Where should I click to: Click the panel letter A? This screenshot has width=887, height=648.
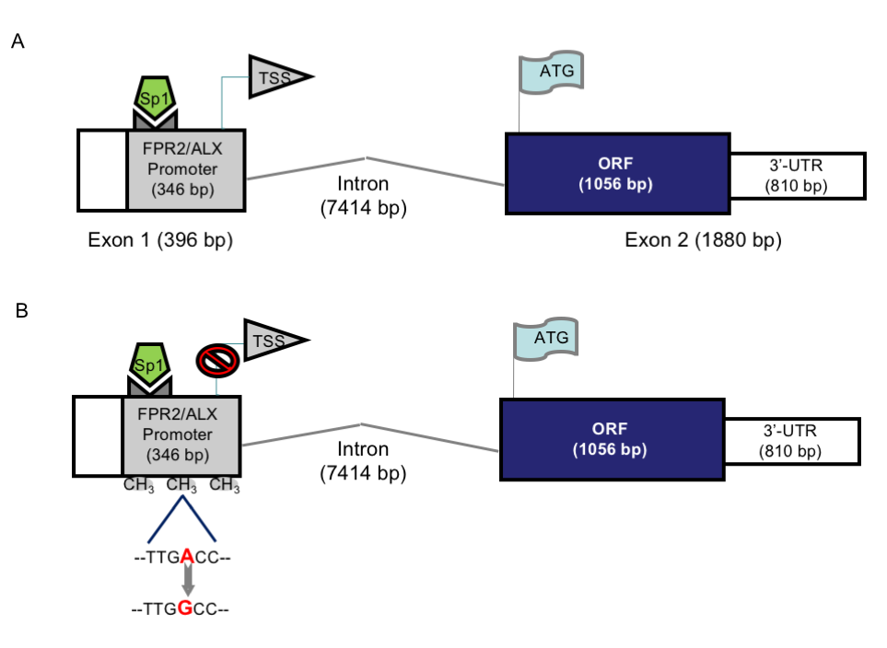(x=18, y=41)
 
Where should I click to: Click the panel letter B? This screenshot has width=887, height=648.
(x=21, y=310)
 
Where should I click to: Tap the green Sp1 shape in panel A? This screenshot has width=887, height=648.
(x=155, y=98)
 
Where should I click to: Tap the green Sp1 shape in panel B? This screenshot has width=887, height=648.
(x=150, y=364)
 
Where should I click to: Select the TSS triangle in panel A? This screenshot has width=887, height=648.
(x=276, y=77)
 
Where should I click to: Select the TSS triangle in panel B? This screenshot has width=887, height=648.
(x=272, y=341)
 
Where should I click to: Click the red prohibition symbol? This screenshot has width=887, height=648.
(x=217, y=360)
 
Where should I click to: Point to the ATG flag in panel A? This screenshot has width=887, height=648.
(x=552, y=72)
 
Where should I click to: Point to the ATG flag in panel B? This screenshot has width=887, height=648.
(x=546, y=339)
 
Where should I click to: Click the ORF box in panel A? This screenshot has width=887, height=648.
(x=618, y=174)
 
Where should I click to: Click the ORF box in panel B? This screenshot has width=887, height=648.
(x=613, y=439)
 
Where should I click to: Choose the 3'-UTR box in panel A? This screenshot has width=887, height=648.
(x=798, y=176)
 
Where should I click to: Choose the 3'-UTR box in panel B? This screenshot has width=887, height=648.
(x=792, y=441)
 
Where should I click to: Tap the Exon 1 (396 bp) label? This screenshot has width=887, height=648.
(x=160, y=240)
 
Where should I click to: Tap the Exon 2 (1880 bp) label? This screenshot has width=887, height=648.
(x=703, y=240)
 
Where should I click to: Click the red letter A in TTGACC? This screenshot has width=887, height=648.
(x=187, y=558)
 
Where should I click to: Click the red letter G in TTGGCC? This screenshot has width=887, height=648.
(x=185, y=608)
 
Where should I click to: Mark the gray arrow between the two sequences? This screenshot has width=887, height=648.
(x=189, y=581)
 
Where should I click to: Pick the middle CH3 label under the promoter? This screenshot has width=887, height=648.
(x=181, y=485)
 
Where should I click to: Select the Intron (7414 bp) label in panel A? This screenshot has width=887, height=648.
(x=363, y=196)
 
